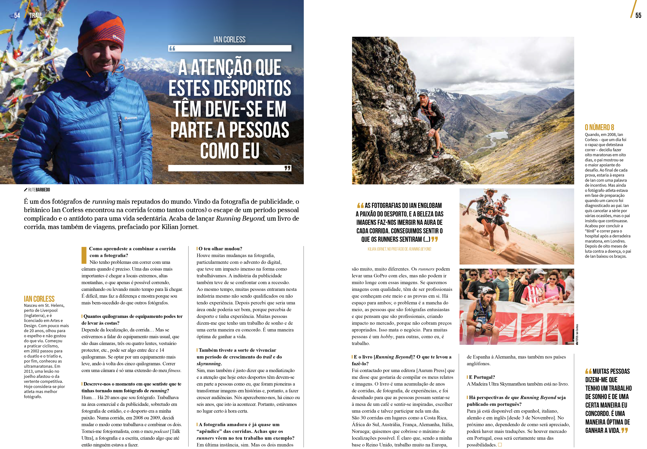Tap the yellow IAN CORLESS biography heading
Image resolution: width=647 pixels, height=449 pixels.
click(x=39, y=299)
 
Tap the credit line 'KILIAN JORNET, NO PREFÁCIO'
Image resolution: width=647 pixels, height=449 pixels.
click(x=399, y=249)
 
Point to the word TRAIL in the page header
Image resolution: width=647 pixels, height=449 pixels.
click(x=35, y=15)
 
